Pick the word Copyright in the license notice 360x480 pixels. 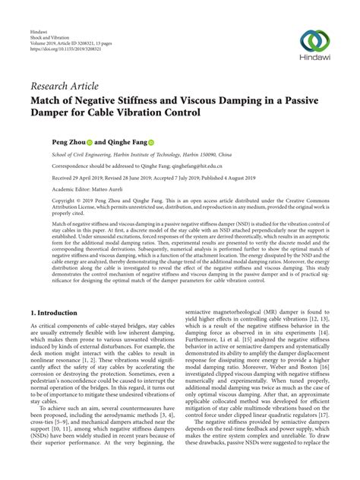[x=43, y=201]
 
